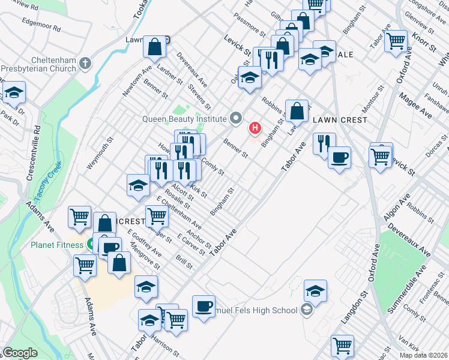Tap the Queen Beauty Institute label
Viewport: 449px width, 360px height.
click(184, 118)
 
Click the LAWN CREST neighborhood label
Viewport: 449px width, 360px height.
click(340, 120)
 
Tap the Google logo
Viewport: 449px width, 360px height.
click(20, 353)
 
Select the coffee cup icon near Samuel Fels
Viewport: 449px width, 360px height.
click(203, 307)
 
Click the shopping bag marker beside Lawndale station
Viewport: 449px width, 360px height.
click(155, 47)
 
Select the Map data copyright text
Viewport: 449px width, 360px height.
click(424, 355)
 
